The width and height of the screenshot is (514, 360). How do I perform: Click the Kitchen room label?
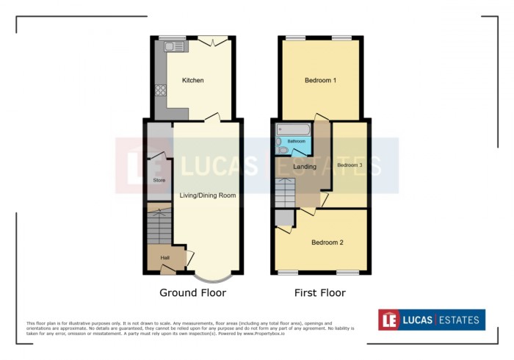(192, 80)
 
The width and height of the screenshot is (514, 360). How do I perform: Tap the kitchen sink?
(176, 46)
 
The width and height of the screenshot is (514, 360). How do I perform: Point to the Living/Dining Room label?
(208, 195)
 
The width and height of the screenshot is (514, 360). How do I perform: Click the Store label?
(159, 180)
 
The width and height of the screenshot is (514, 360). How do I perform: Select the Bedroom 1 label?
(320, 80)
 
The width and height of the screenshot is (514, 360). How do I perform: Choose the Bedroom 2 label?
(327, 242)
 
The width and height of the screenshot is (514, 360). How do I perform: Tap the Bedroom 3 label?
(350, 165)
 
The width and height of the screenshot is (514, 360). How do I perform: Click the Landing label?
(304, 167)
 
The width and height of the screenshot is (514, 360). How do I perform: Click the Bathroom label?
(296, 141)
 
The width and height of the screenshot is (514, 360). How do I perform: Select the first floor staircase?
(285, 192)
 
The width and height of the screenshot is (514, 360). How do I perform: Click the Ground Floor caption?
(192, 292)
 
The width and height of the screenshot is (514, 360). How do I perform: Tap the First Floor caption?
(319, 292)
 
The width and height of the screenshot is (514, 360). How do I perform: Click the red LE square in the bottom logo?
(390, 320)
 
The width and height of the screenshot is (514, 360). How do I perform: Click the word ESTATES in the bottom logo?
(460, 320)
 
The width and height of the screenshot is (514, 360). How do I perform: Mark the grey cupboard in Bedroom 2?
(283, 217)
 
